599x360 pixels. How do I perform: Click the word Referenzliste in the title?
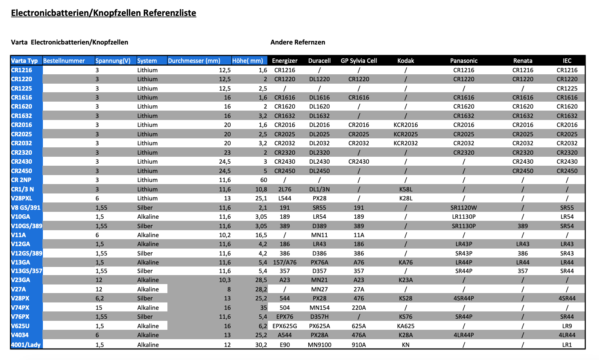tap(169, 13)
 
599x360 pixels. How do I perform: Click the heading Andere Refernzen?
tap(298, 42)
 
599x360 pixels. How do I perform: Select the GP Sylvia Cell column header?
tap(359, 61)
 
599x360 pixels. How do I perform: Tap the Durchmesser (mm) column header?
tap(194, 61)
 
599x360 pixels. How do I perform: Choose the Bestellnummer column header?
tap(64, 61)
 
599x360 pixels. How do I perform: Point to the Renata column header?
tap(523, 61)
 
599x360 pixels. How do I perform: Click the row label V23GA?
tap(20, 280)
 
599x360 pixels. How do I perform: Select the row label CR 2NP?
tap(21, 180)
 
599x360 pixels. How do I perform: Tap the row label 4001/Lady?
tap(26, 344)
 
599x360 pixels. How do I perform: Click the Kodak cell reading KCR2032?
tap(405, 143)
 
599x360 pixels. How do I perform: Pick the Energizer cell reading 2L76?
tap(285, 189)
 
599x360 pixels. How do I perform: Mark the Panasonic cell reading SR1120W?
tap(463, 208)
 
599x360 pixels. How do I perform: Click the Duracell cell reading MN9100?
tap(319, 345)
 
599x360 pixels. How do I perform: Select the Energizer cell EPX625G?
tap(285, 326)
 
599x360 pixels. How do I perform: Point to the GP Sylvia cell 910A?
tap(359, 345)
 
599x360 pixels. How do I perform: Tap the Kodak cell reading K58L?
tap(405, 189)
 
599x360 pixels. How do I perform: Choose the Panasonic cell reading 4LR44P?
tap(463, 335)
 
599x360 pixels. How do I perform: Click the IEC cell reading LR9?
tap(567, 326)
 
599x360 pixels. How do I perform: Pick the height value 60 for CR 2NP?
tap(263, 180)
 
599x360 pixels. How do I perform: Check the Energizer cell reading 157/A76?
tap(285, 262)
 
